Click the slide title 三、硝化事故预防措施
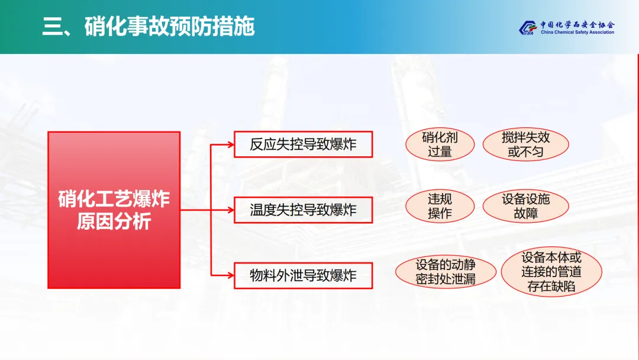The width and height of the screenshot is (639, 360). [x=149, y=27]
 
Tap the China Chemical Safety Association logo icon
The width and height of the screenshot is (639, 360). [x=527, y=28]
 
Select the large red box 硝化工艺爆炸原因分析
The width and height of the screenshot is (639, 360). [x=114, y=210]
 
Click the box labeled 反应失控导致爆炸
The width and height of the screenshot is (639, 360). [x=303, y=144]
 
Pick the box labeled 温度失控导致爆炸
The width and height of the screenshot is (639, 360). [x=303, y=210]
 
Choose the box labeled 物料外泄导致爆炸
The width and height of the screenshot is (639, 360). [x=303, y=275]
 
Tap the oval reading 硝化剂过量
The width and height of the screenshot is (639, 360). [x=440, y=144]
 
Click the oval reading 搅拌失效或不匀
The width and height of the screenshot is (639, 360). [x=525, y=144]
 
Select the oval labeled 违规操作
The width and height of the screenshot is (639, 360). [x=440, y=206]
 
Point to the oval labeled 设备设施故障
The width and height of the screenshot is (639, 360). [x=525, y=206]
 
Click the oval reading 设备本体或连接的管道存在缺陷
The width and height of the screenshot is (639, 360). [x=551, y=272]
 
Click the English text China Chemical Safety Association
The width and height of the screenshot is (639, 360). [x=576, y=33]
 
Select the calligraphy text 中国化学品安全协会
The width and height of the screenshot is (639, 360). [x=577, y=25]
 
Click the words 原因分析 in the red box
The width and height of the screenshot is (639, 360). [x=114, y=222]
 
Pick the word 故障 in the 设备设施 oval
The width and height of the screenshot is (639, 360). [x=525, y=213]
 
